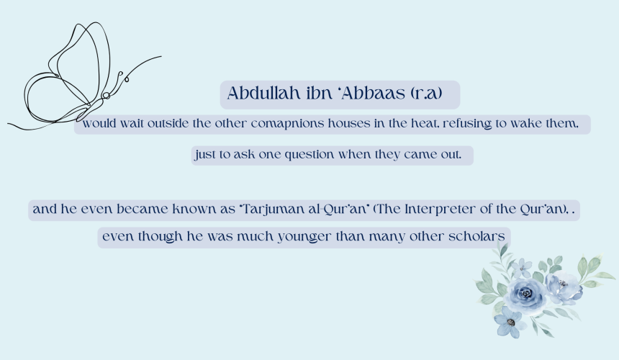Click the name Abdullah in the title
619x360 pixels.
[x=263, y=93]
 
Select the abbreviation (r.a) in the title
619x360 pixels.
[x=426, y=94]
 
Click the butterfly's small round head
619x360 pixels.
[x=106, y=95]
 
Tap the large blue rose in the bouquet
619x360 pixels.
[x=525, y=294]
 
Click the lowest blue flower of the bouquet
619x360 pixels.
[x=510, y=323]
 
